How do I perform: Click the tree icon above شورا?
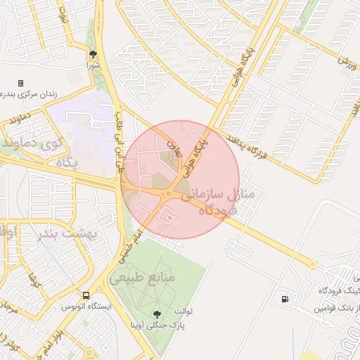click(x=92, y=54)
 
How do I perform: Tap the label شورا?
click(x=93, y=65)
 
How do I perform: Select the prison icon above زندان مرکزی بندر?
click(x=20, y=83)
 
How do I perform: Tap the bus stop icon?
click(x=86, y=296)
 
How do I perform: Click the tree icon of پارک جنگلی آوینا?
click(x=157, y=314)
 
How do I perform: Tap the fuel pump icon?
click(x=284, y=299)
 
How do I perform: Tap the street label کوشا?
click(x=32, y=281)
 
